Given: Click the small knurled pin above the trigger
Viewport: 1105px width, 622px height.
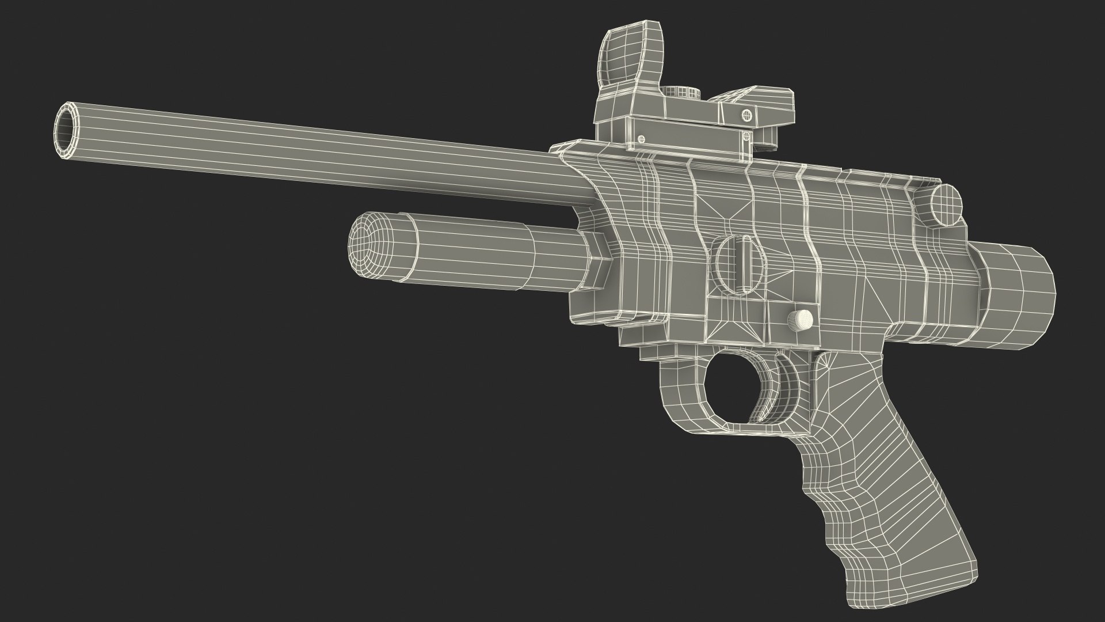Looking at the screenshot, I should tap(801, 319).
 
